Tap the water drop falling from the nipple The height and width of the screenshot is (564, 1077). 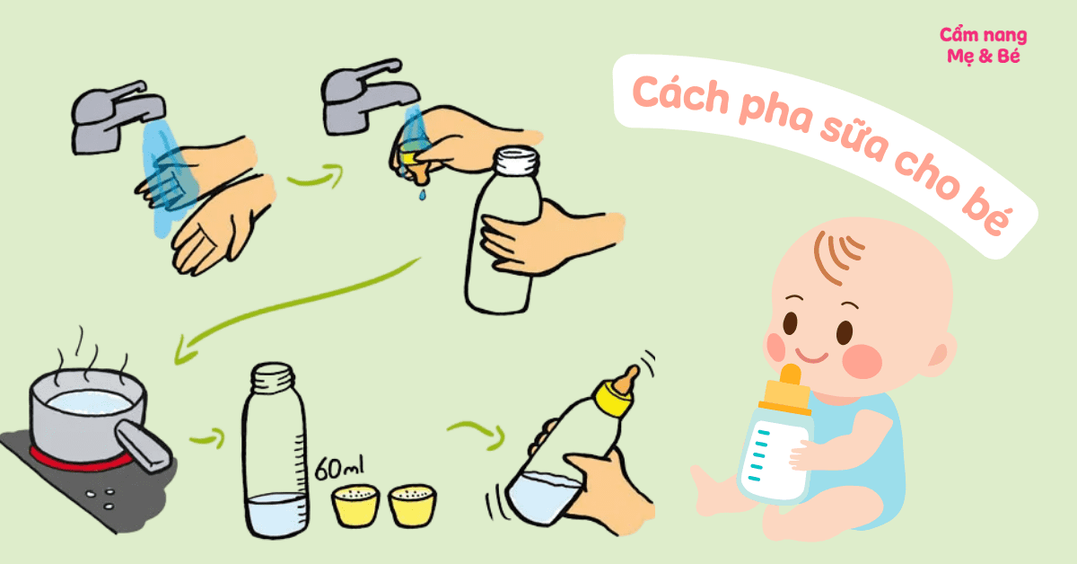(x=422, y=194)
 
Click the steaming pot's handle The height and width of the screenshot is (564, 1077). (x=143, y=445)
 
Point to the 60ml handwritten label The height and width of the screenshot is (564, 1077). (x=339, y=468)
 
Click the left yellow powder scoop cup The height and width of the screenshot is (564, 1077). (x=355, y=506)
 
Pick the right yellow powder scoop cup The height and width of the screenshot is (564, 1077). (x=413, y=506)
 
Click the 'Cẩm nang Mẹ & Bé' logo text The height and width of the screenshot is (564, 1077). (x=984, y=46)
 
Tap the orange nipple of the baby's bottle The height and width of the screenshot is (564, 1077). (x=791, y=375)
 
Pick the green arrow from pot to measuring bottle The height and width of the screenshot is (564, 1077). (x=207, y=439)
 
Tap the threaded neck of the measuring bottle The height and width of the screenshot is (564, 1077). (x=273, y=378)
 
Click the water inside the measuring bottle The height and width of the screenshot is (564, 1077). (x=276, y=513)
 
